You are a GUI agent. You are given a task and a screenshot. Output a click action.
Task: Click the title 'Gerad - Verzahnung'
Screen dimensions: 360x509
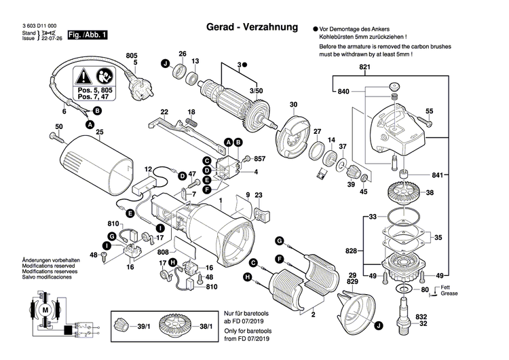(252, 28)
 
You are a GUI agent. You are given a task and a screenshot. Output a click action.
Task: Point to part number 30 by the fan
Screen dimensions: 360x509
(293, 105)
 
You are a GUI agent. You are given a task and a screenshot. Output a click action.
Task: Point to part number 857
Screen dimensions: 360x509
(259, 159)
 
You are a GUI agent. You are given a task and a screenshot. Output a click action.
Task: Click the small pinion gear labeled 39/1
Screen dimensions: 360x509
(122, 327)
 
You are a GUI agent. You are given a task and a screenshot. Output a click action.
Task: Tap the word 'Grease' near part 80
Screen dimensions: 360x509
(448, 293)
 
